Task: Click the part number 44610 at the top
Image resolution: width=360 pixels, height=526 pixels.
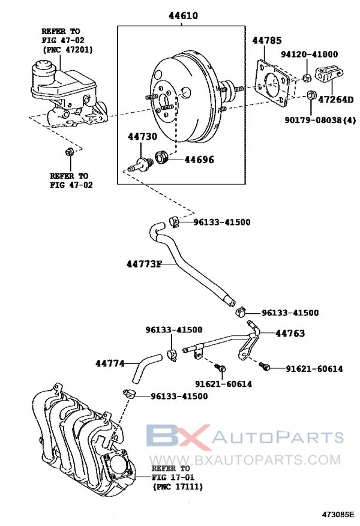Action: pyautogui.click(x=183, y=16)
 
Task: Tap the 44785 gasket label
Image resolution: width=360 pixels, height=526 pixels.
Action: pyautogui.click(x=267, y=40)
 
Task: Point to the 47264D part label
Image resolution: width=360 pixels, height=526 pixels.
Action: pyautogui.click(x=335, y=100)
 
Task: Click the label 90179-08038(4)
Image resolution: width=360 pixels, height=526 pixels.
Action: pyautogui.click(x=320, y=120)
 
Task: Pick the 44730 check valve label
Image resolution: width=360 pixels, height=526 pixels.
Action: pyautogui.click(x=142, y=137)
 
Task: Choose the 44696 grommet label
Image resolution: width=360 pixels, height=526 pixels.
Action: pyautogui.click(x=199, y=160)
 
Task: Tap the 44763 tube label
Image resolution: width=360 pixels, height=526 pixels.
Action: pyautogui.click(x=290, y=333)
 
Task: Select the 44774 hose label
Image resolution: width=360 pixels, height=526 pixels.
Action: pyautogui.click(x=110, y=363)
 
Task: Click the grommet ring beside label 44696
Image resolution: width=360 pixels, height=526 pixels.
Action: pyautogui.click(x=161, y=157)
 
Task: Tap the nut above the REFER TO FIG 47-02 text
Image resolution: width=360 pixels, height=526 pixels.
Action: pyautogui.click(x=70, y=152)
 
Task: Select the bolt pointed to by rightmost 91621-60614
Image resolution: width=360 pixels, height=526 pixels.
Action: pyautogui.click(x=265, y=366)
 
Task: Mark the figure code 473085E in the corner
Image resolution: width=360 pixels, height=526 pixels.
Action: pyautogui.click(x=338, y=514)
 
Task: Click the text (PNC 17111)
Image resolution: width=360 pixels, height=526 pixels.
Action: pyautogui.click(x=178, y=486)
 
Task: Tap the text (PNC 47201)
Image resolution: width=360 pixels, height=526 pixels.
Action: pyautogui.click(x=67, y=49)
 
